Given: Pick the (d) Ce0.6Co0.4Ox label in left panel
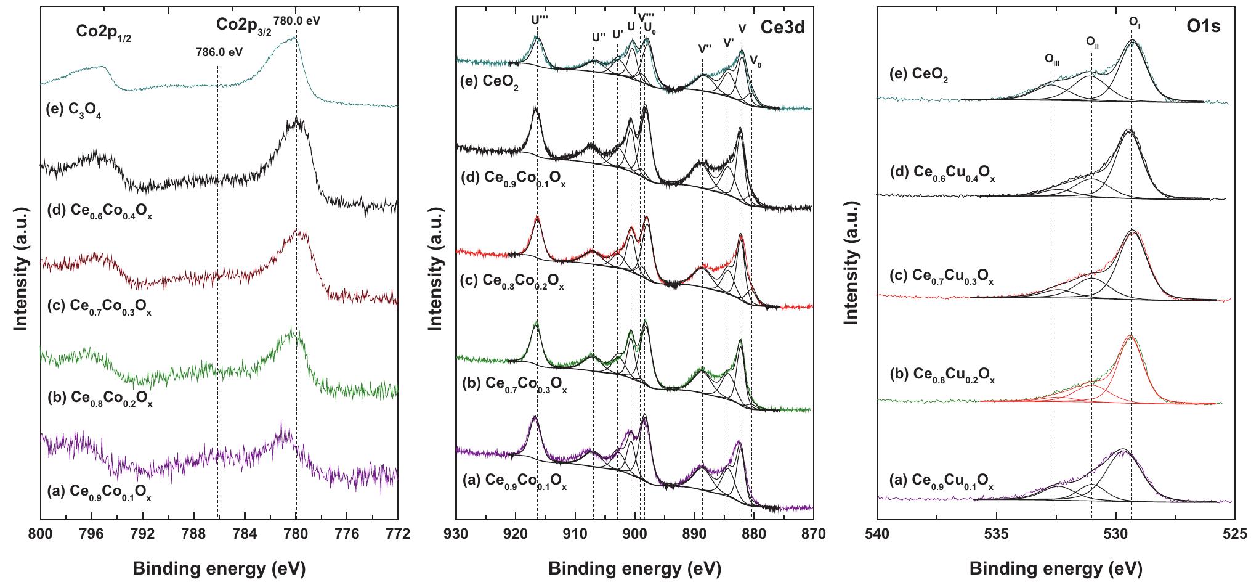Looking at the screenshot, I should click(99, 214).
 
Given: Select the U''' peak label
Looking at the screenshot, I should click(540, 19).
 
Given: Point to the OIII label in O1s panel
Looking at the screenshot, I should click(1052, 59).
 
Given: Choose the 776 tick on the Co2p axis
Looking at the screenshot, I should click(347, 534).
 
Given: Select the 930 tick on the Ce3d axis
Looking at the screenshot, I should click(456, 534).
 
